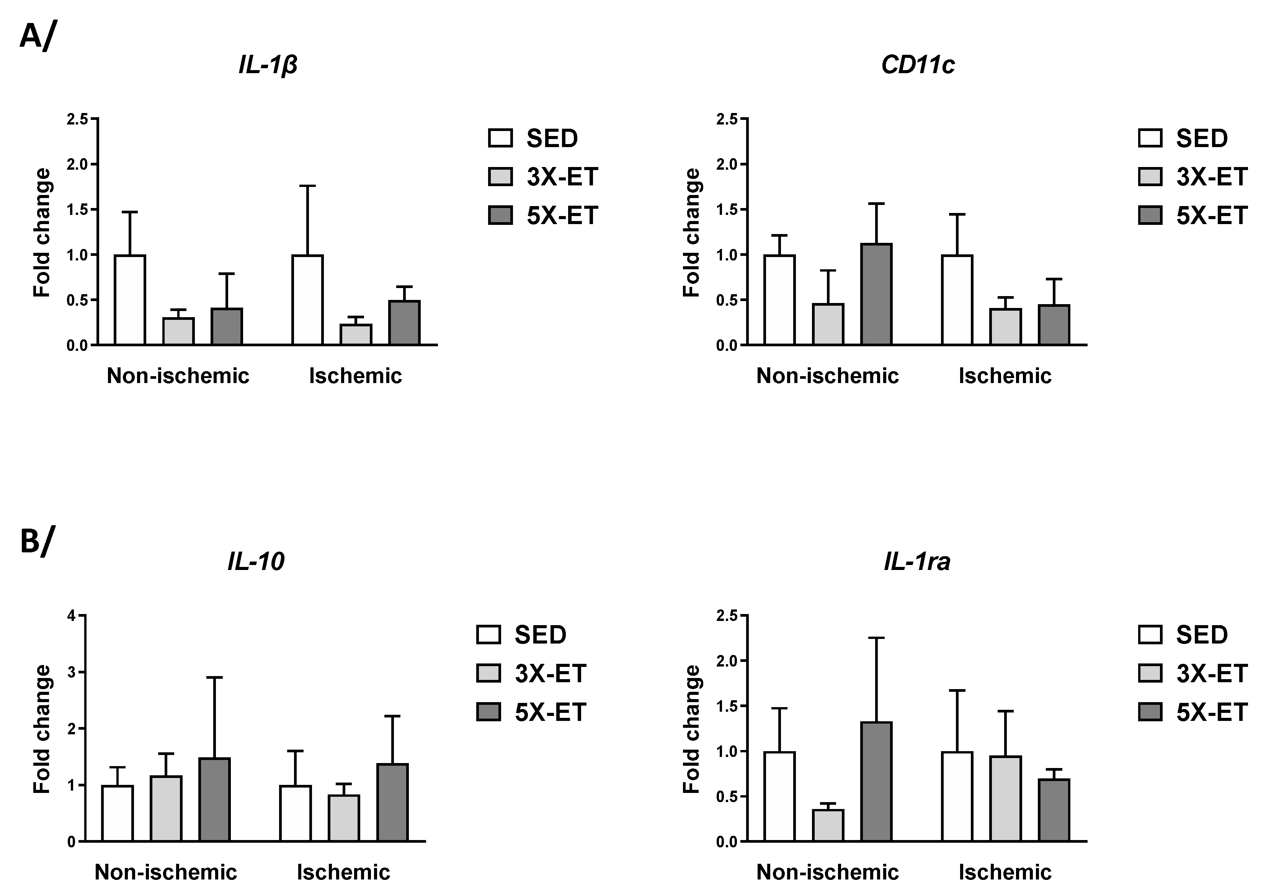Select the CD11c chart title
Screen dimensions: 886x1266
pyautogui.click(x=918, y=65)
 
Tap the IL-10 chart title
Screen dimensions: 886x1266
pyautogui.click(x=256, y=562)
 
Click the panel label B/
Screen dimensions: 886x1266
pyautogui.click(x=38, y=541)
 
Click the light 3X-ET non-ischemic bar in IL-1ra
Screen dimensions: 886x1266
pyautogui.click(x=828, y=825)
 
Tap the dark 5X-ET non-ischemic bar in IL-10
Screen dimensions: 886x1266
pyautogui.click(x=214, y=800)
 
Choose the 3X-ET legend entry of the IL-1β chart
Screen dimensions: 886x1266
pyautogui.click(x=543, y=177)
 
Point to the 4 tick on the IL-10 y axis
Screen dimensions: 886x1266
pyautogui.click(x=71, y=616)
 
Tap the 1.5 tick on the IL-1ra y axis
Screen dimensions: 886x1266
pyautogui.click(x=727, y=706)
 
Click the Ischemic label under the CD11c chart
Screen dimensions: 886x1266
pyautogui.click(x=1005, y=376)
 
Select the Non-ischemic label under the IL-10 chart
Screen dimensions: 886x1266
pyautogui.click(x=166, y=872)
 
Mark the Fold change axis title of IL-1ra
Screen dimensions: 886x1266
pyautogui.click(x=691, y=729)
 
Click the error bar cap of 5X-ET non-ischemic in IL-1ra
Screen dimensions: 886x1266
pyautogui.click(x=876, y=638)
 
